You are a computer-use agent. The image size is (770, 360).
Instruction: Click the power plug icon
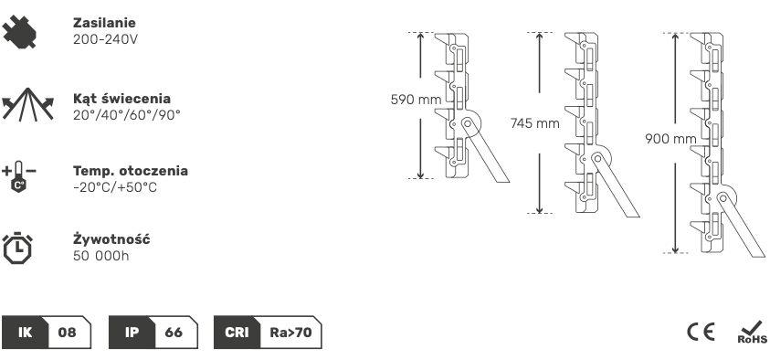[x=19, y=32]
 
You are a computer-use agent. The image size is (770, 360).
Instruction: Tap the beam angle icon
[x=28, y=104]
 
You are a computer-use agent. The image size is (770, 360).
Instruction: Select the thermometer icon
[x=19, y=176]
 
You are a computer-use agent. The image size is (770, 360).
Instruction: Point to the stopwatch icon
[x=18, y=248]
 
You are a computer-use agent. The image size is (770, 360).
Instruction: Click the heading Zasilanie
[x=104, y=23]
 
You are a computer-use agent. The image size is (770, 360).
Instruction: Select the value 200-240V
[x=105, y=39]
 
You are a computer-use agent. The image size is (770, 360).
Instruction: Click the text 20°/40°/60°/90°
[x=127, y=114]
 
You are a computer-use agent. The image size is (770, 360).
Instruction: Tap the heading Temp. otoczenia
[x=130, y=171]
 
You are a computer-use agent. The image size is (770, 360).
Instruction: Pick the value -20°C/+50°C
[x=115, y=187]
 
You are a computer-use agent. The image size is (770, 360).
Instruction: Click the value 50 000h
[x=101, y=256]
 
